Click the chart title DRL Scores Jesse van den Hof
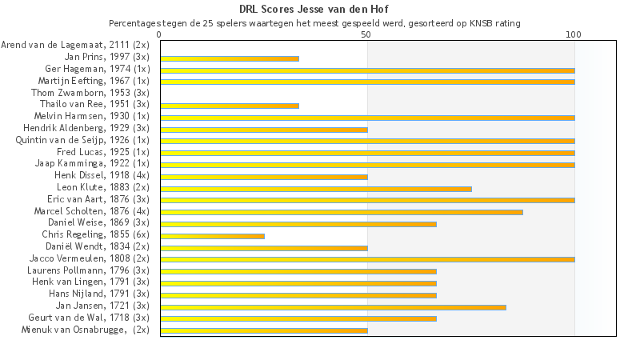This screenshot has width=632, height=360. coord(315,10)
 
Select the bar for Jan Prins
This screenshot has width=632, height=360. coord(230,58)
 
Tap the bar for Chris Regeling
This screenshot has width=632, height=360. coord(212,236)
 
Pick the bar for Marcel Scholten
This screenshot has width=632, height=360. coord(342,212)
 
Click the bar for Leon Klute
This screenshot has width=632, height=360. coord(316,189)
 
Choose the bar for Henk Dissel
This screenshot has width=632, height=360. coord(264,177)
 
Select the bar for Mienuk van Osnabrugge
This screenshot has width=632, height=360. coord(264,330)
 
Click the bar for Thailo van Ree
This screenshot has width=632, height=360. coord(230,106)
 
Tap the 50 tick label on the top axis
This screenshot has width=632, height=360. coord(366,35)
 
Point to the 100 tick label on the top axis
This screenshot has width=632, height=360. coord(574,35)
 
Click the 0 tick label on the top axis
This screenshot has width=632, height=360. coord(160,35)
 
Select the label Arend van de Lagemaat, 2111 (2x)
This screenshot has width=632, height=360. coord(75,46)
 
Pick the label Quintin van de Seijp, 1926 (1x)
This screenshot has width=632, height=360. coord(82,140)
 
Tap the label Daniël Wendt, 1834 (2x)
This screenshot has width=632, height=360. coord(98,246)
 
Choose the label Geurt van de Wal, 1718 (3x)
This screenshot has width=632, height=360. coord(89,318)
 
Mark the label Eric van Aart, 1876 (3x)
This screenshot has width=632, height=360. coord(98,199)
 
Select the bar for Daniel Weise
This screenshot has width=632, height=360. coord(298,224)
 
